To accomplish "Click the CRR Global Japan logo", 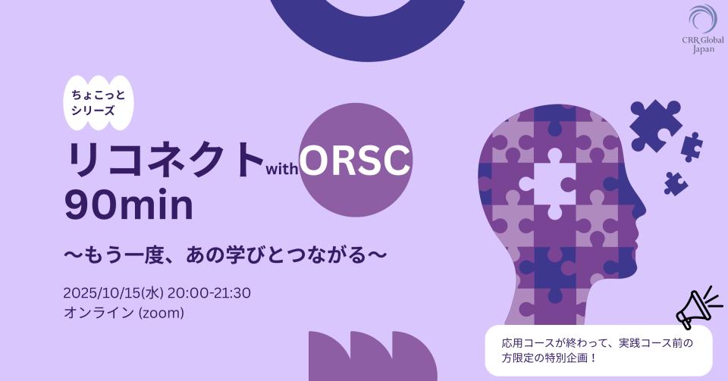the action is click(x=703, y=29).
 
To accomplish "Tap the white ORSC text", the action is click(x=355, y=160).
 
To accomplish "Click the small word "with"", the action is click(x=281, y=169).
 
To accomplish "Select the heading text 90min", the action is click(x=129, y=206).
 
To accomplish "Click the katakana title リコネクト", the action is click(x=164, y=160).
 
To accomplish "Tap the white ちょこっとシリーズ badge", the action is click(x=99, y=103).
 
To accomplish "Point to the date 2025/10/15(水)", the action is click(x=113, y=293).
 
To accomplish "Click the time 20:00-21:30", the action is click(x=209, y=293).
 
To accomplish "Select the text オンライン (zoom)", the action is click(x=124, y=313).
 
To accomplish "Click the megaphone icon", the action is click(x=698, y=306).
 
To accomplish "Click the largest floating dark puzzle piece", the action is click(x=654, y=126).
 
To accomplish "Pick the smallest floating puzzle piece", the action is click(x=676, y=183).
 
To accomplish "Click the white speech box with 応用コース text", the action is click(x=598, y=351).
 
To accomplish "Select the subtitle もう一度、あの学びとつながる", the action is click(x=225, y=255).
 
